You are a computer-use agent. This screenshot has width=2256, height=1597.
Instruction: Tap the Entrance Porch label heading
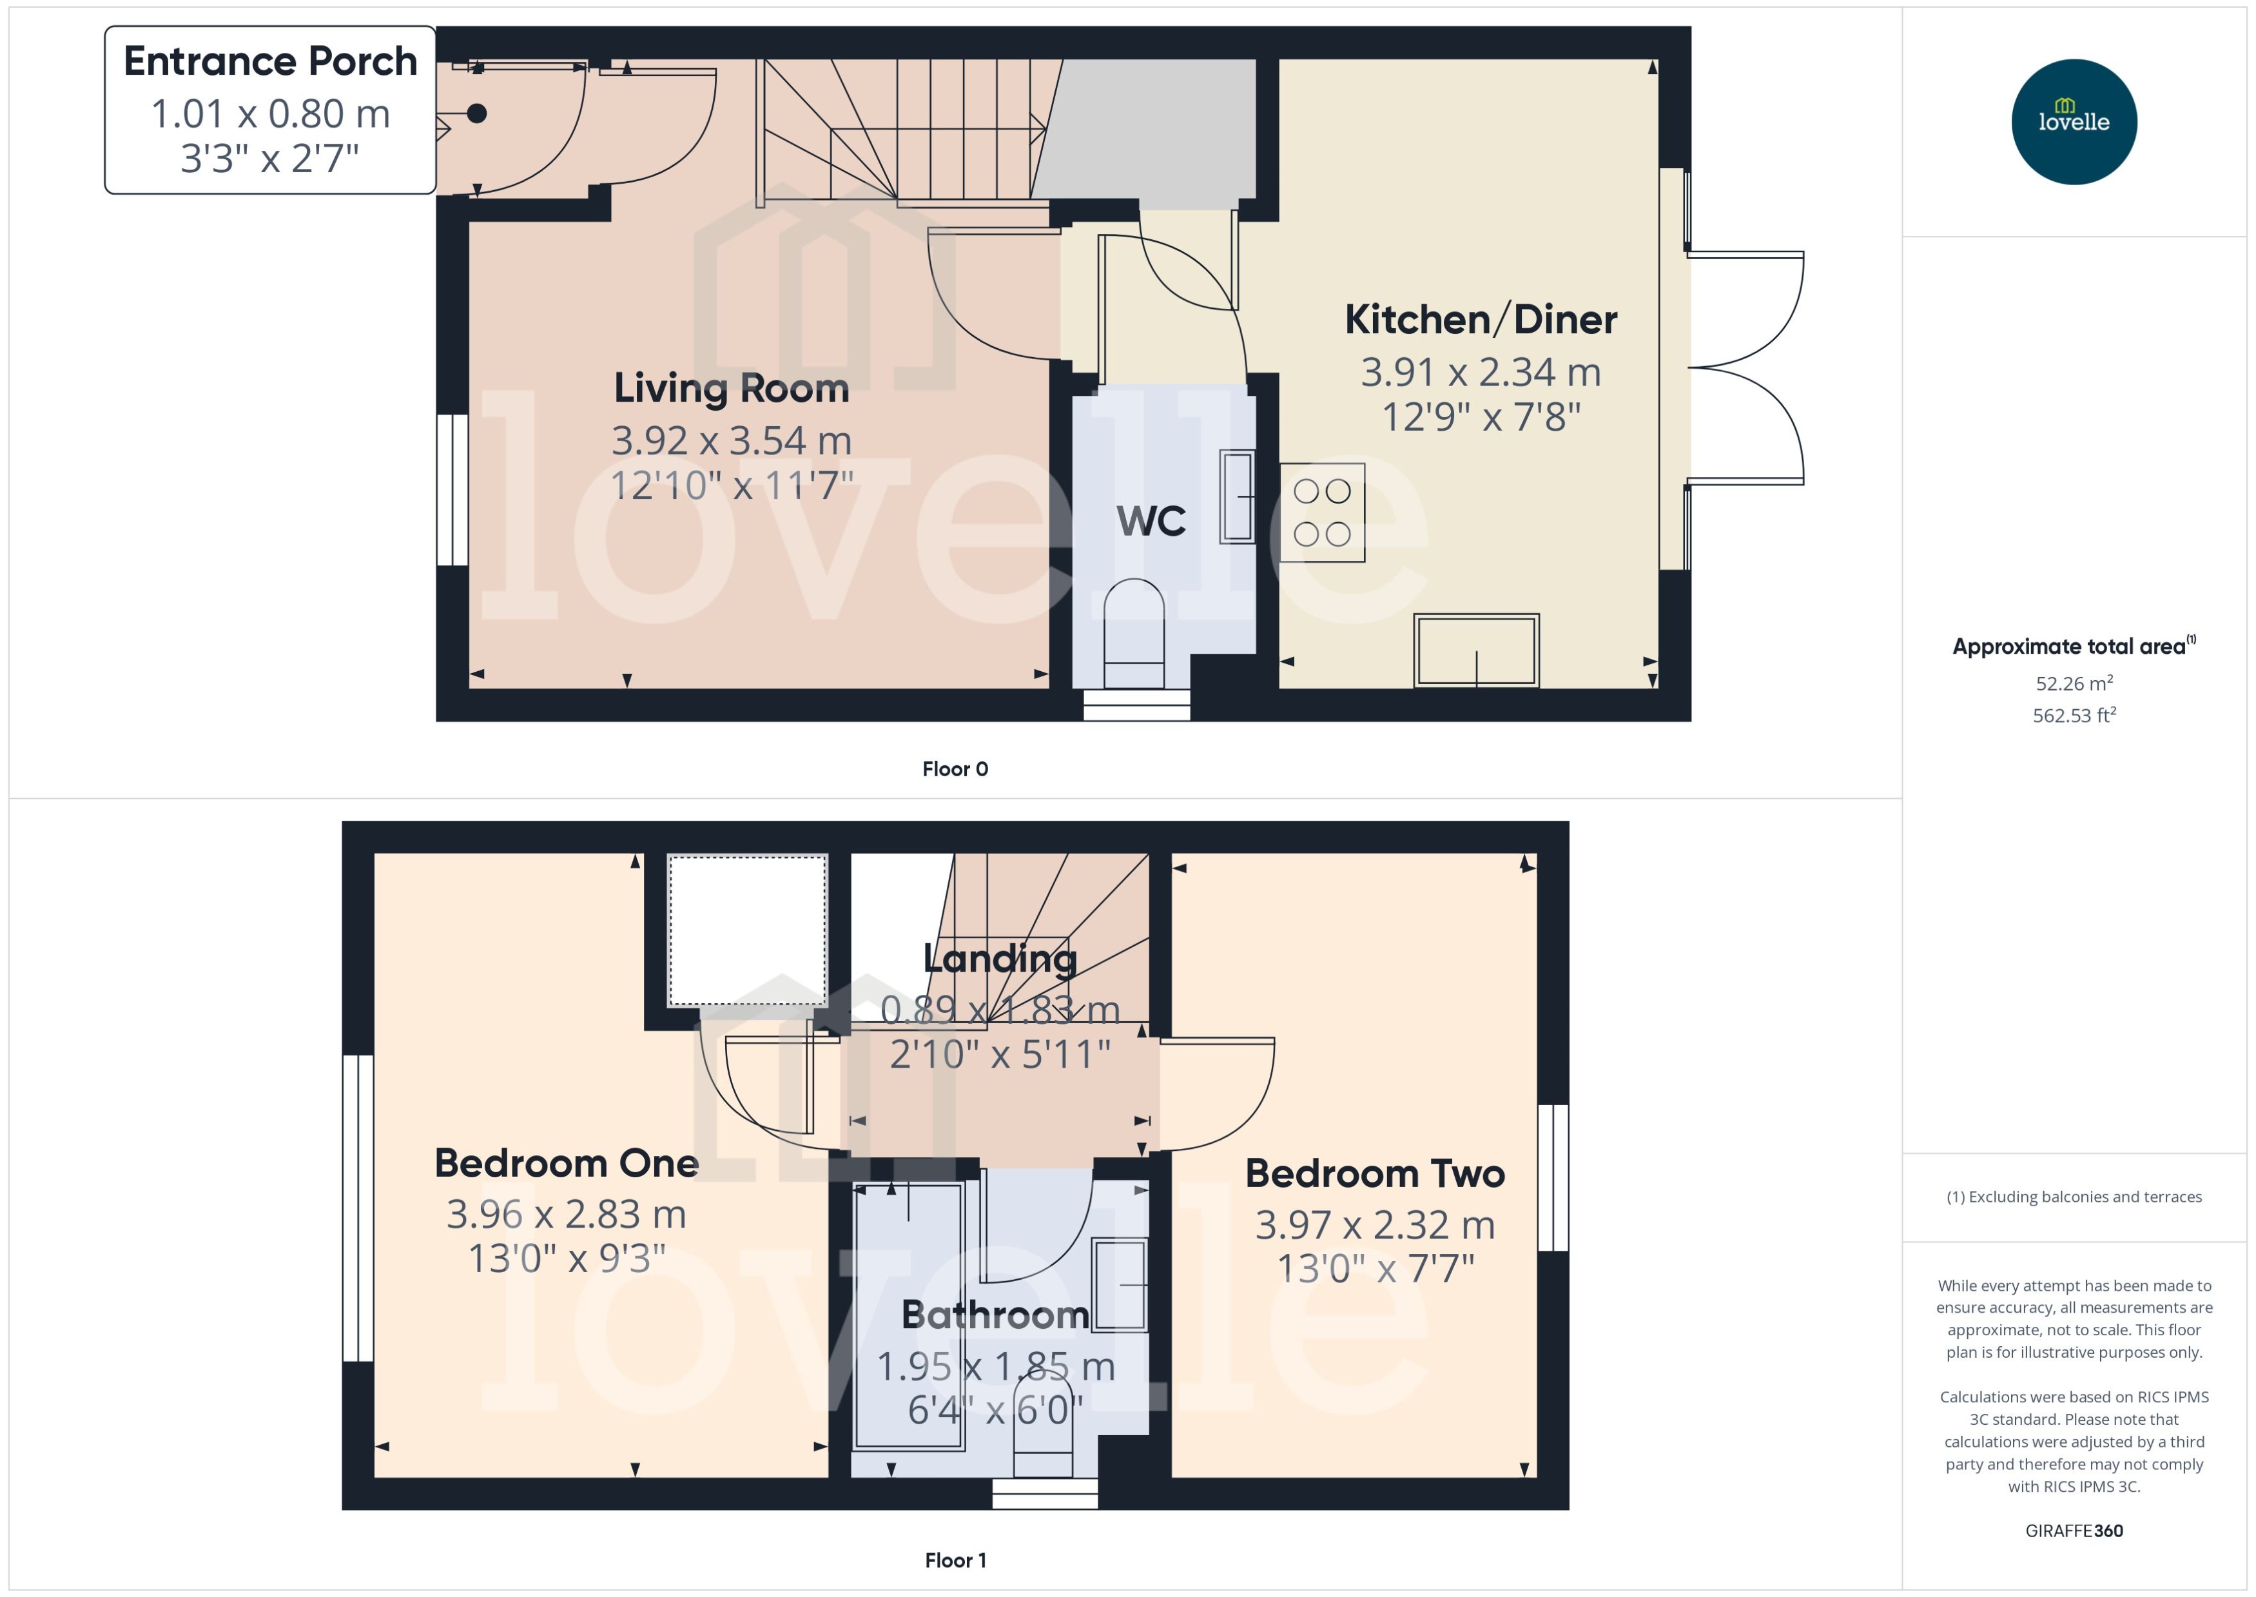[270, 61]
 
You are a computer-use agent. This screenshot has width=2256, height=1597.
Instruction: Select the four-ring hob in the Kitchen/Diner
[1321, 513]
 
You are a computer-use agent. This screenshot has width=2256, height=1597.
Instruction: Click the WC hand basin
[1237, 496]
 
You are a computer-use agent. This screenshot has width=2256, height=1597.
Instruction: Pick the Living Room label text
[732, 388]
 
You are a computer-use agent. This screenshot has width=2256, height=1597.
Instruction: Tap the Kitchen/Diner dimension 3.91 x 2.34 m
[1481, 373]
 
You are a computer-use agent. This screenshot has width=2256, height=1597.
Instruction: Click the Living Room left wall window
[452, 490]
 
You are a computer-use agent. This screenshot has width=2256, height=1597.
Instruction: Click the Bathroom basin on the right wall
[1121, 1285]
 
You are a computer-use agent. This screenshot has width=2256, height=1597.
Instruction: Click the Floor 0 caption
[955, 770]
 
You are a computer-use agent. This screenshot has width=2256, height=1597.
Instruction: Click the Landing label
[1000, 959]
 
